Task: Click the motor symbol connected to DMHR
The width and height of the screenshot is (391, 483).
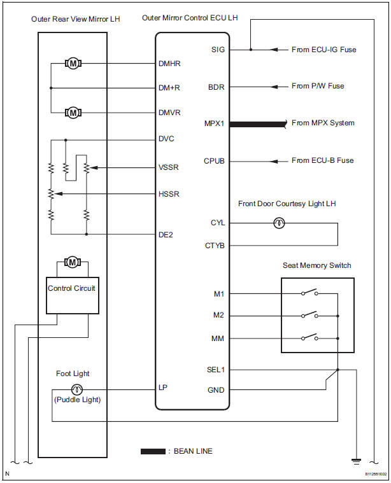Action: pyautogui.click(x=72, y=63)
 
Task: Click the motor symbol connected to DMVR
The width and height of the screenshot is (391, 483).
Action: pyautogui.click(x=72, y=112)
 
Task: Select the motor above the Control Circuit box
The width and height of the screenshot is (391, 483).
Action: pyautogui.click(x=72, y=262)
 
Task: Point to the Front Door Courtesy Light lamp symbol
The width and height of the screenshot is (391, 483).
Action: pyautogui.click(x=278, y=223)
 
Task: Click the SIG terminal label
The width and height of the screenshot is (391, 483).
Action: pyautogui.click(x=217, y=49)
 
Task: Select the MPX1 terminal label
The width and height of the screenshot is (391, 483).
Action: pyautogui.click(x=214, y=123)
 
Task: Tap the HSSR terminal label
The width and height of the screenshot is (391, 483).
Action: pyautogui.click(x=169, y=193)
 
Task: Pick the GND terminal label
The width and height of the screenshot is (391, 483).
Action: pyautogui.click(x=216, y=389)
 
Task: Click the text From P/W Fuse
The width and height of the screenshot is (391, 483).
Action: pyautogui.click(x=318, y=86)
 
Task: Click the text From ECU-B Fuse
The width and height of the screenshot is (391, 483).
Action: pyautogui.click(x=322, y=160)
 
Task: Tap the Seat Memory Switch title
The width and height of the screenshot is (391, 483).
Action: pyautogui.click(x=316, y=265)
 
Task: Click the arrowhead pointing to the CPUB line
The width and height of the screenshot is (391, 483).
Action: pyautogui.click(x=275, y=160)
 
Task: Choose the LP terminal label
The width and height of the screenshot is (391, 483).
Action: pyautogui.click(x=162, y=388)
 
